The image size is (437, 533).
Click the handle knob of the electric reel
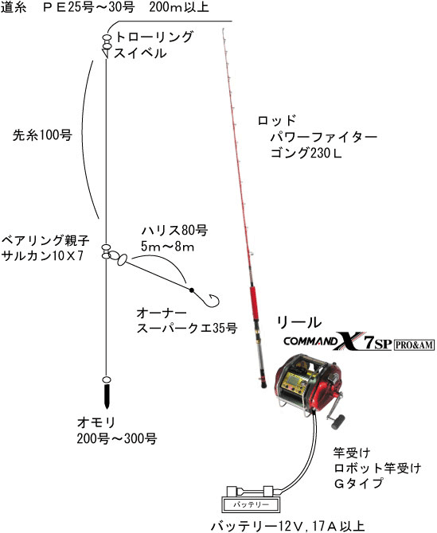[338, 422]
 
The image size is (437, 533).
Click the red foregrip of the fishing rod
[254, 302]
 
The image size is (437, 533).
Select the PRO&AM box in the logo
[414, 345]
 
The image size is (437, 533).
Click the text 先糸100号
[42, 135]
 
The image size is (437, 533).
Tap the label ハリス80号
[174, 230]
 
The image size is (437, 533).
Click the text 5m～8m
[167, 247]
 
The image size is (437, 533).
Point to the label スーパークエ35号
[187, 329]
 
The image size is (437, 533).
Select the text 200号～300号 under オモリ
[117, 438]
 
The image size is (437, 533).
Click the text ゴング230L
[306, 153]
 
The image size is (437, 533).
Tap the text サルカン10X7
[42, 255]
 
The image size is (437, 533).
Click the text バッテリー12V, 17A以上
[287, 526]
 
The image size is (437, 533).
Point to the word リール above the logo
[299, 322]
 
